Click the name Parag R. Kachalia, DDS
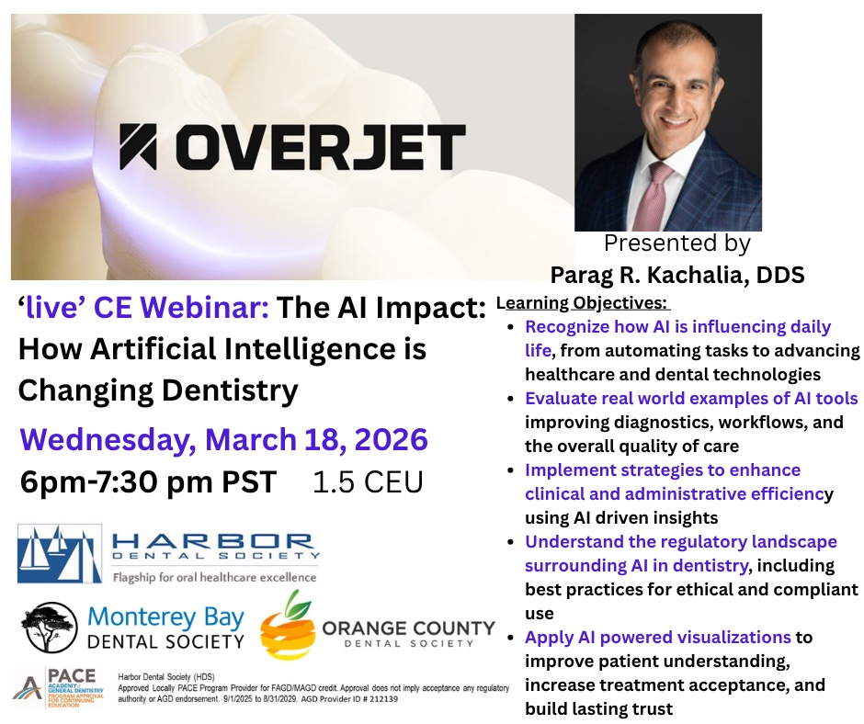click(x=677, y=274)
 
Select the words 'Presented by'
click(x=677, y=244)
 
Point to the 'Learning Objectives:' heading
click(x=583, y=302)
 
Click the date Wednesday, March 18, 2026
click(x=223, y=439)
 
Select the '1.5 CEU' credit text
click(x=368, y=482)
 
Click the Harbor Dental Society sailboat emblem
click(x=59, y=554)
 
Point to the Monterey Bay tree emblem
click(x=52, y=627)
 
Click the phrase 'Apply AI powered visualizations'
click(x=658, y=637)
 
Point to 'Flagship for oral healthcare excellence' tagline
click(x=213, y=578)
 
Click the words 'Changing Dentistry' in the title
click(x=158, y=390)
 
